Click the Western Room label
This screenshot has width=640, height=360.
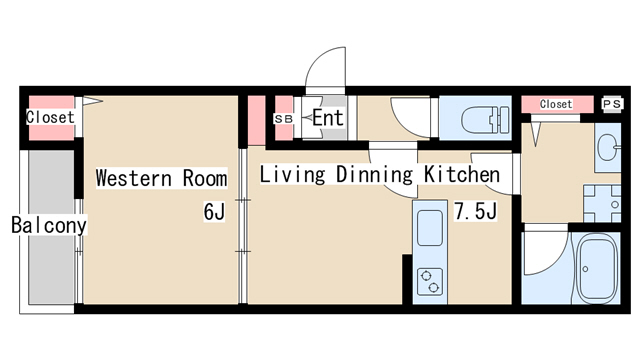coord(161,179)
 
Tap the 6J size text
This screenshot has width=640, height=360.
coord(215,211)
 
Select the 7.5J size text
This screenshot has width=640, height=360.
coord(476,211)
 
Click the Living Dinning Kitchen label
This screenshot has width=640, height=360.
coord(379,175)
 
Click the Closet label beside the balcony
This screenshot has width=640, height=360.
coord(50,117)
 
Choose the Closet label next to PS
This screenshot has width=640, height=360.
coord(556,104)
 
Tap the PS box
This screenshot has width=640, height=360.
coord(612,104)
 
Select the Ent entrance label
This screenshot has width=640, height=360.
coord(328,118)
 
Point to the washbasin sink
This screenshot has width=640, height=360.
coord(608,150)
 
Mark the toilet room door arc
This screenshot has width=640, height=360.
coord(410,116)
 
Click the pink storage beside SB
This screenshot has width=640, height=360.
coord(256,119)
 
